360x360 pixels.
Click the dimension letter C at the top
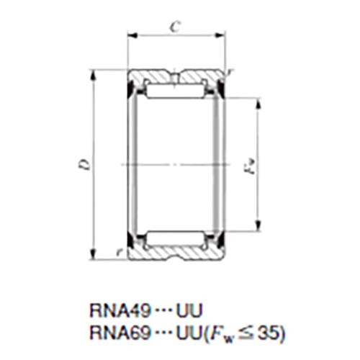[x=174, y=27]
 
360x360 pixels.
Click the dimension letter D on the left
[x=85, y=165]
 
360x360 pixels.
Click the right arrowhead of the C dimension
[x=220, y=35]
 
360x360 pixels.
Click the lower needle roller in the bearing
[x=175, y=238]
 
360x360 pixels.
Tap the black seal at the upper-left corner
[x=132, y=91]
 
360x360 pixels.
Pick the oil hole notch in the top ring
[x=175, y=74]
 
